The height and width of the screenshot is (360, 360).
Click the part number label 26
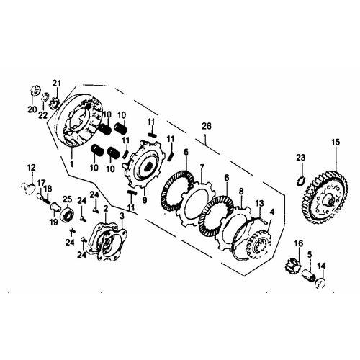coord(207,126)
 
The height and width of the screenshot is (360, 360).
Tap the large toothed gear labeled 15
coord(328,197)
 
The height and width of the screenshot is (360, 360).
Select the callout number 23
coord(300,158)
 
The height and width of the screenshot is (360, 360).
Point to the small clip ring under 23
coord(300,181)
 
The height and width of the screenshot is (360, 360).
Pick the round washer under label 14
coord(320,283)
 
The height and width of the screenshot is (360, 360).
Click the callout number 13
coord(259,204)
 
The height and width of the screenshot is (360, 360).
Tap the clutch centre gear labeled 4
coord(258,244)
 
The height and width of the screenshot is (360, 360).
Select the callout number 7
coord(202,167)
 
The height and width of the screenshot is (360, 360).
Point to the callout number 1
coord(71,164)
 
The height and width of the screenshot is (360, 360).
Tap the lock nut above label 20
coord(36,91)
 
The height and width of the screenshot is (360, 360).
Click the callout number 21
coord(57,84)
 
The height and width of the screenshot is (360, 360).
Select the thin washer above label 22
coord(45,96)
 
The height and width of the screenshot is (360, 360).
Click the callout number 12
coord(31,167)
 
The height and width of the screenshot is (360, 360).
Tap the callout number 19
coord(54,222)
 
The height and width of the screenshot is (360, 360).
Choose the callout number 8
coord(241,192)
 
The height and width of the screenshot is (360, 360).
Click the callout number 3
coord(122,216)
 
